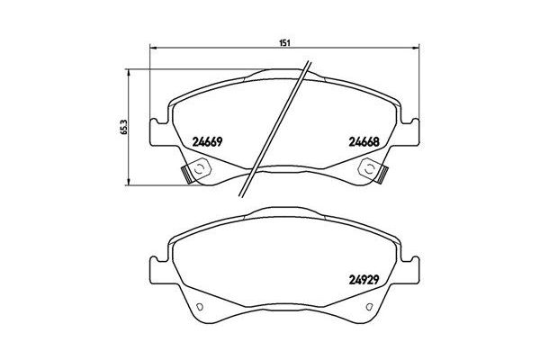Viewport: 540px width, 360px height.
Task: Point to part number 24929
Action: click(363, 278)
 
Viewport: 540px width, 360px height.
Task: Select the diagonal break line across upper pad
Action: click(279, 126)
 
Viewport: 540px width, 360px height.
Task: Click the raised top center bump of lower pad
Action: click(283, 214)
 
